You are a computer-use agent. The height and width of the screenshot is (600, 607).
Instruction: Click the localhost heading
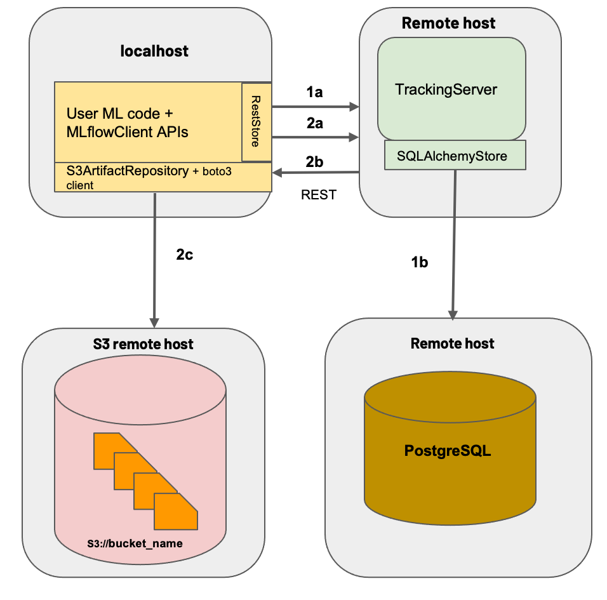(154, 51)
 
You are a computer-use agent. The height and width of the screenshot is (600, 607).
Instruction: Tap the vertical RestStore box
(257, 121)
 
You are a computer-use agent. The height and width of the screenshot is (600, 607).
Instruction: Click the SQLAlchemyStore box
(455, 156)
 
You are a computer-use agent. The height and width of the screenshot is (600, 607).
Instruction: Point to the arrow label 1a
(314, 92)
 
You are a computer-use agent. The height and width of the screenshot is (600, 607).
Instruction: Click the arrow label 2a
(314, 124)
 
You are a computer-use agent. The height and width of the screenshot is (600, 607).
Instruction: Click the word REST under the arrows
(318, 195)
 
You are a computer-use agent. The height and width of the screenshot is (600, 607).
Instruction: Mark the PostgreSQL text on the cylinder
(448, 451)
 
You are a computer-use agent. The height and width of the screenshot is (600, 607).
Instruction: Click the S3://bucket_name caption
(135, 544)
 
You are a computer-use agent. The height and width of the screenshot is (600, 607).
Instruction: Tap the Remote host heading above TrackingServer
(448, 23)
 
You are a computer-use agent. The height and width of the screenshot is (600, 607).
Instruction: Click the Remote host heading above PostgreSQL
(452, 343)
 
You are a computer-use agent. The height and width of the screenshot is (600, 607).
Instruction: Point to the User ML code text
(119, 114)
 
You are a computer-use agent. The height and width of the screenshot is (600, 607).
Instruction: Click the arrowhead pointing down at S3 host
(154, 320)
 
